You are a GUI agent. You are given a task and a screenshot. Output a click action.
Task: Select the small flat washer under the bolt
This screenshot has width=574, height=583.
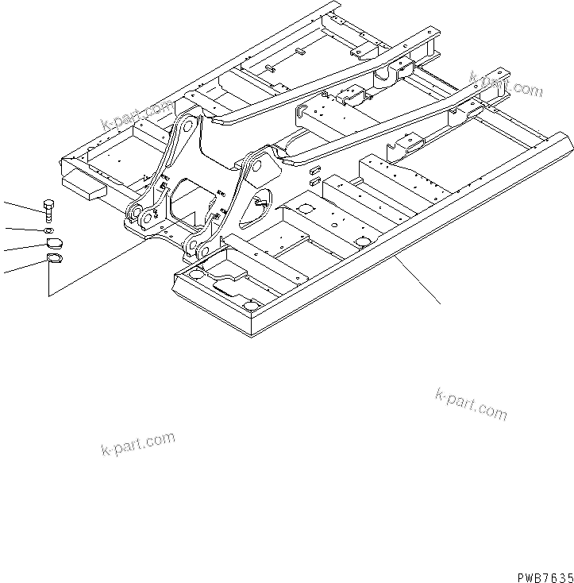[49, 230]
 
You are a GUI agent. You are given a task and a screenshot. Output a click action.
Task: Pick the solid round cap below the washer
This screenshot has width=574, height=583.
[51, 245]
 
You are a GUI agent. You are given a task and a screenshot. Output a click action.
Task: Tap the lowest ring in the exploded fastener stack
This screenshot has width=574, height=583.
[54, 260]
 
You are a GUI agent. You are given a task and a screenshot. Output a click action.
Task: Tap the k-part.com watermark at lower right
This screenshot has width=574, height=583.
[471, 403]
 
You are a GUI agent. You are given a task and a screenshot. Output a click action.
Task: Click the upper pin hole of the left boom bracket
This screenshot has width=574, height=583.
[187, 124]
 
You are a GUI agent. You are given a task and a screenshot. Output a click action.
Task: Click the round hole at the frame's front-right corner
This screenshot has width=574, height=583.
[252, 306]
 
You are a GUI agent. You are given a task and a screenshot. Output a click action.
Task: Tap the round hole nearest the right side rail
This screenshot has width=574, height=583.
[363, 241]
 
